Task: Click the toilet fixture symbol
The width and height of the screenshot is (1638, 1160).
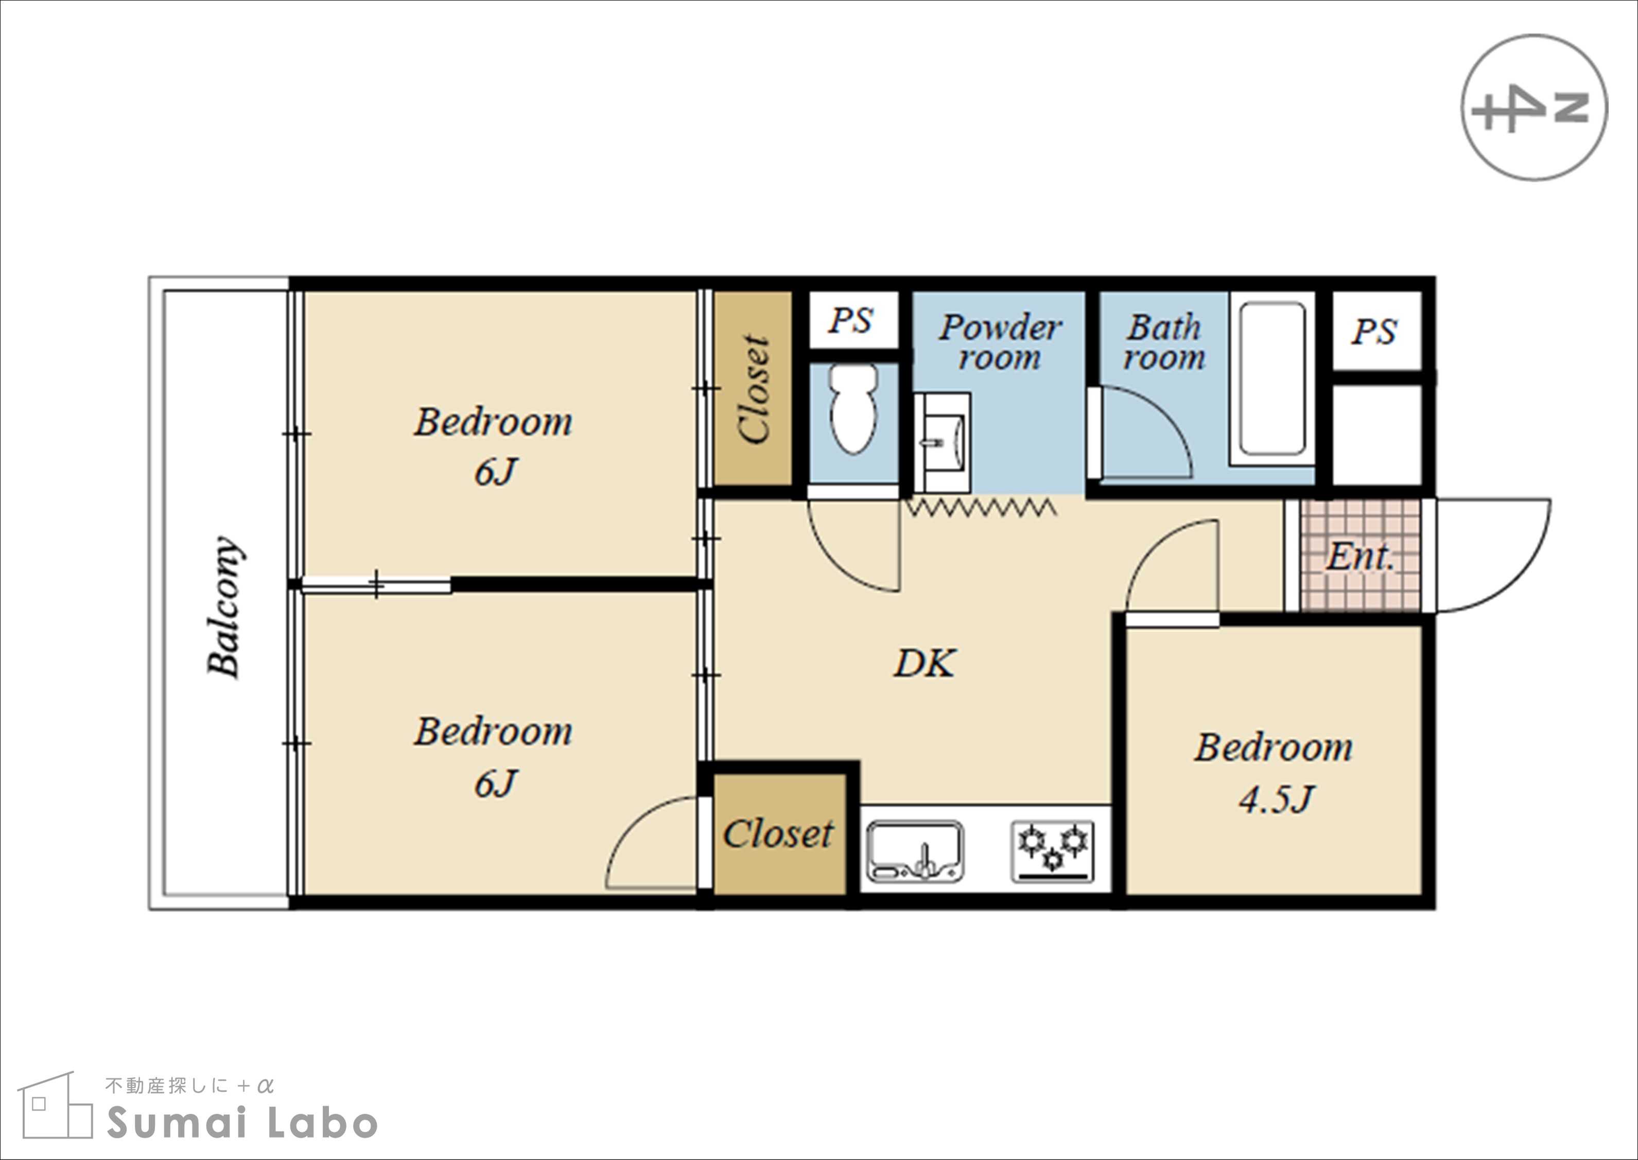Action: click(854, 409)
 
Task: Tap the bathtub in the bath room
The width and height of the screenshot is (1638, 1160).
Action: click(1273, 378)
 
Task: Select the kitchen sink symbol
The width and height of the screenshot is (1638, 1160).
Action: click(915, 851)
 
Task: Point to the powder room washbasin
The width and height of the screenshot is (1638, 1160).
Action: click(943, 442)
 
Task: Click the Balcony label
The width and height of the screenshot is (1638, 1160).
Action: click(224, 607)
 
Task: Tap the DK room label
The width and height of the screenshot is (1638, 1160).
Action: click(924, 664)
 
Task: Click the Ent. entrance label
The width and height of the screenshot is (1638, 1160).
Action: click(1360, 557)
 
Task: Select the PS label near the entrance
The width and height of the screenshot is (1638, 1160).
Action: click(1374, 332)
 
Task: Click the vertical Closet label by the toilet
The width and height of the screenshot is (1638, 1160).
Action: click(754, 389)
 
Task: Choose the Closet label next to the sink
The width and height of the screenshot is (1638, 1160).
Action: click(778, 834)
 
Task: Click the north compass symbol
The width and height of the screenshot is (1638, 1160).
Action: click(1534, 108)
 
